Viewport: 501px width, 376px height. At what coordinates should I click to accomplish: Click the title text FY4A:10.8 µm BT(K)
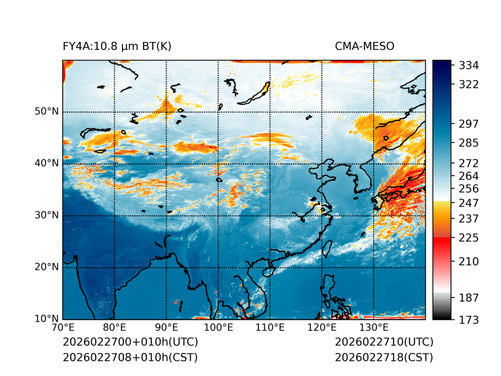click(x=117, y=46)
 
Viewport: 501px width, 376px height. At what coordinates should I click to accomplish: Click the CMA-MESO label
click(x=365, y=46)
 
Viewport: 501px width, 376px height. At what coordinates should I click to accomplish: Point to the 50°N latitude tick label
click(x=47, y=112)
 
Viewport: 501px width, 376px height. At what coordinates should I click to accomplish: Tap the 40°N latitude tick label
click(x=47, y=163)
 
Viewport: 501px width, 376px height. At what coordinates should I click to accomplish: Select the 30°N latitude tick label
click(x=47, y=215)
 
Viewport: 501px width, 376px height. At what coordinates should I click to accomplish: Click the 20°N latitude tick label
click(x=47, y=267)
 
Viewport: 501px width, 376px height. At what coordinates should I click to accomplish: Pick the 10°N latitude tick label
click(x=47, y=319)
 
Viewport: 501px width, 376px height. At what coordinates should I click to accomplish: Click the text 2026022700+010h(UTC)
click(x=130, y=343)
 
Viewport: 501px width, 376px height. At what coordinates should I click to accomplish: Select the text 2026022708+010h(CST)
click(x=130, y=357)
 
